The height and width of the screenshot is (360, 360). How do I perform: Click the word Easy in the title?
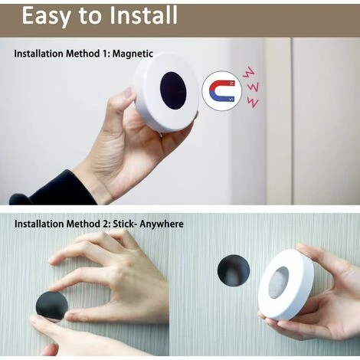click(45, 16)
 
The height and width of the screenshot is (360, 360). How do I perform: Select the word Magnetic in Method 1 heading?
click(133, 54)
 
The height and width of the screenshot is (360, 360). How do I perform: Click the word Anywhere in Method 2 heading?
click(162, 224)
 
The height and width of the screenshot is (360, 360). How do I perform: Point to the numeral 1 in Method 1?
click(104, 54)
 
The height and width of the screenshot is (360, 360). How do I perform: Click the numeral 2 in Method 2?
click(105, 224)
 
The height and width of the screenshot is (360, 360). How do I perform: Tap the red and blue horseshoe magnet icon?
click(221, 91)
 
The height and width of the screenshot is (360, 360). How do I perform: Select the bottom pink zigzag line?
click(253, 103)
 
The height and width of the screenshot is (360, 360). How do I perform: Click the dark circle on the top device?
click(173, 90)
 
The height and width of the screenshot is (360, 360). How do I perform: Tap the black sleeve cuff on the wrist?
click(51, 189)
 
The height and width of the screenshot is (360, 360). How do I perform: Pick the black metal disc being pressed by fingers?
click(52, 306)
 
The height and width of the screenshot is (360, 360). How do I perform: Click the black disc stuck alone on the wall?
click(234, 270)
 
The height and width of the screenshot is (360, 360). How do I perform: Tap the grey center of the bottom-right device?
click(279, 283)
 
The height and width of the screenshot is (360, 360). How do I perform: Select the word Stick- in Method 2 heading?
click(123, 224)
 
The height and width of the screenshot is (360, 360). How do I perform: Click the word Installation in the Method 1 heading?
click(39, 54)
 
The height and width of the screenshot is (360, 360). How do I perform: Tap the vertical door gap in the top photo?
click(292, 121)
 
